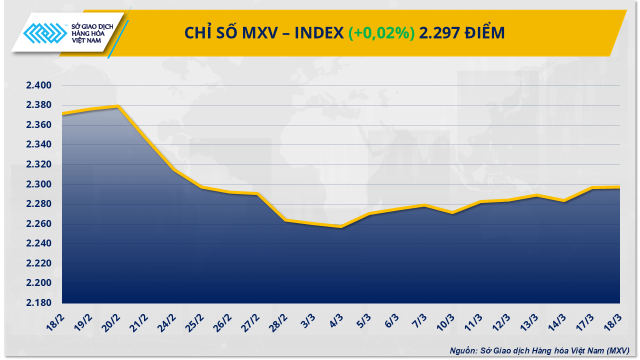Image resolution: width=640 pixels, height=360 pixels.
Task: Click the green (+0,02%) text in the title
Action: pos(381,33)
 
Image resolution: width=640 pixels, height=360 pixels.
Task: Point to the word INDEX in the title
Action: pos(318,33)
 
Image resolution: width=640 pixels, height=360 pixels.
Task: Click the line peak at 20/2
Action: pos(117,106)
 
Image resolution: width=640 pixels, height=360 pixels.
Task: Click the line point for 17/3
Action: pos(592,188)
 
